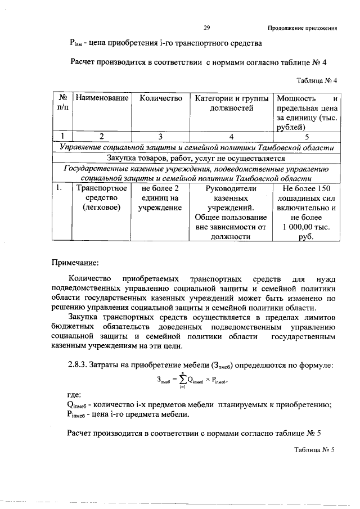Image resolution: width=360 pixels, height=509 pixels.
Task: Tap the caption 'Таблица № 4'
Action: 316,80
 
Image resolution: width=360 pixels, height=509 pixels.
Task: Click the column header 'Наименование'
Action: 102,98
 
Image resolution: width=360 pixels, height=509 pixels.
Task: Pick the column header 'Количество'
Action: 160,98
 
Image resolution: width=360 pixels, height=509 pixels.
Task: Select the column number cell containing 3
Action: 160,136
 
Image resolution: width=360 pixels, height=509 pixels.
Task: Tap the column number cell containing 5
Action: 307,136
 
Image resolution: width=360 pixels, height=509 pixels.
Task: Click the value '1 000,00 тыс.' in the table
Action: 307,227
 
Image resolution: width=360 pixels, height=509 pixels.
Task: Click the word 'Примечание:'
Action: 75,262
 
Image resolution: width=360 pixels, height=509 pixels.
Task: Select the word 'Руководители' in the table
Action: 229,188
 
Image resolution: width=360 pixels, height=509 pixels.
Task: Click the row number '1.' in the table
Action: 58,188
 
